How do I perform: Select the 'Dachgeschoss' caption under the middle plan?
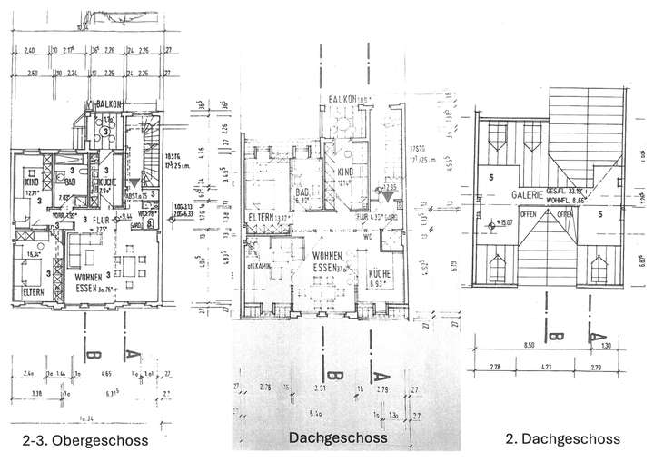tap(338, 437)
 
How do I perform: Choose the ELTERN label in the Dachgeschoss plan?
tap(264, 217)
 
